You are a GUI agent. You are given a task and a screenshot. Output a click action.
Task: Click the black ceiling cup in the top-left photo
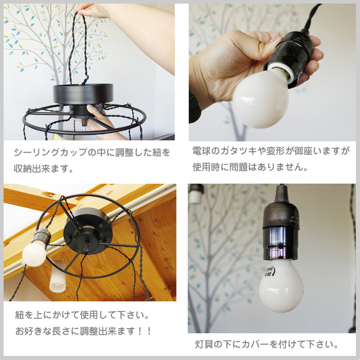(83, 94)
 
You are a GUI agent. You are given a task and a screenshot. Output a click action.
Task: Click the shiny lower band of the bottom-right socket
(281, 244)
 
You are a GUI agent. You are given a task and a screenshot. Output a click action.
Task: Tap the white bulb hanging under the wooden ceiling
(34, 254)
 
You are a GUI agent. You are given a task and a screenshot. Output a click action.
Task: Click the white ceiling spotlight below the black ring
(58, 277)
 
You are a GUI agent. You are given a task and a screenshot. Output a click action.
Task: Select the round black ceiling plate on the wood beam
(88, 231)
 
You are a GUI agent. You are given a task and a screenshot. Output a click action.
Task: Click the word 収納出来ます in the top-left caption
(41, 169)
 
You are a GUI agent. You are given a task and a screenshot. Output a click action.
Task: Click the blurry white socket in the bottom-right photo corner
(196, 193)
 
